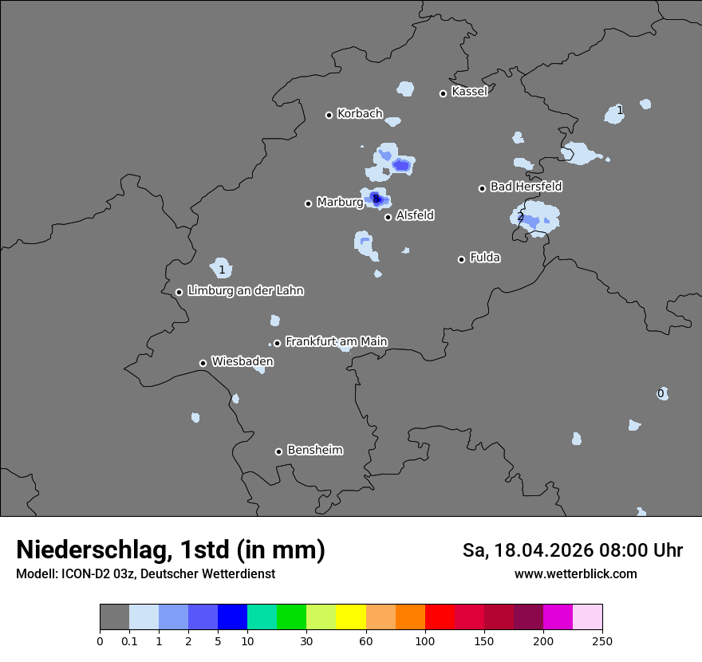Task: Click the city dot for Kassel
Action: [443, 93]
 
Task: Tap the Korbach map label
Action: [360, 114]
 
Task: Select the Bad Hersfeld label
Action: [526, 187]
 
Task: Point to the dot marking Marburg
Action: [308, 203]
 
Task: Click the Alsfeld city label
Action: [415, 215]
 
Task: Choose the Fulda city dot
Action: [461, 259]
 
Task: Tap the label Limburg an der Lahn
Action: [245, 291]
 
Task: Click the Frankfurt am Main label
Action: [336, 341]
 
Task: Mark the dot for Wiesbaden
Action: [203, 363]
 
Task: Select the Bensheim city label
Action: [314, 450]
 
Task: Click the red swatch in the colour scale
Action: [440, 617]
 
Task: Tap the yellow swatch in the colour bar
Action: [351, 617]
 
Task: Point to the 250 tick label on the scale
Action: [602, 640]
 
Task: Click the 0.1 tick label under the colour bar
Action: [129, 640]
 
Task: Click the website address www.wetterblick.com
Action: [575, 574]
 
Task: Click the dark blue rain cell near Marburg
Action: [377, 199]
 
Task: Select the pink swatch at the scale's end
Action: [587, 617]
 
